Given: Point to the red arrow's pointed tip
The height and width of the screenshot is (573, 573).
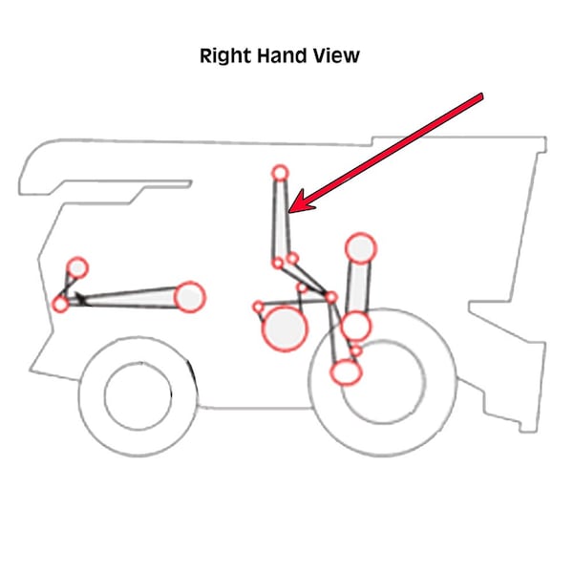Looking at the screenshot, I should point(292,209).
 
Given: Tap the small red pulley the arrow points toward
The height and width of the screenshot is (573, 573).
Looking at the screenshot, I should point(280,173).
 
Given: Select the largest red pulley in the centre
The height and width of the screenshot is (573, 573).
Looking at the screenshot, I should point(284,329).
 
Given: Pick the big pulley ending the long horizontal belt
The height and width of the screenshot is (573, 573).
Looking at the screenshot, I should point(191,297).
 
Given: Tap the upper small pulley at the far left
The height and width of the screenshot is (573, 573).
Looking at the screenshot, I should point(77,267).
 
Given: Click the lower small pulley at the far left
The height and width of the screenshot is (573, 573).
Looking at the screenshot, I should point(61,305).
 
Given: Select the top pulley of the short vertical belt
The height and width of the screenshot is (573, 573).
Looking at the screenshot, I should point(360,248).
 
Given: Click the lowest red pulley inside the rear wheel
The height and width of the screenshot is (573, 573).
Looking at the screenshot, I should point(346,372).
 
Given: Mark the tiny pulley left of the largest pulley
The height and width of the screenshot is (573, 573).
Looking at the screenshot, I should point(258,307).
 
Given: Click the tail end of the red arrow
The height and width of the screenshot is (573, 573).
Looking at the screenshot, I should point(481,96).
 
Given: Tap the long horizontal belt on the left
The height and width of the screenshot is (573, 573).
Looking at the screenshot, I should point(129,299).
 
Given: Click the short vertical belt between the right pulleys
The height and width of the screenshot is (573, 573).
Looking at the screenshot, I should point(358,286).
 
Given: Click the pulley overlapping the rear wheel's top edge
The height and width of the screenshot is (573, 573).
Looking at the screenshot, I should point(355,327).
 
